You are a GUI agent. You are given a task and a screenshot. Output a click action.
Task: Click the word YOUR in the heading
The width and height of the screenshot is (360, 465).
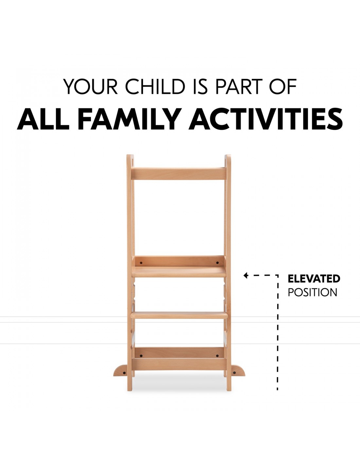pos(90,86)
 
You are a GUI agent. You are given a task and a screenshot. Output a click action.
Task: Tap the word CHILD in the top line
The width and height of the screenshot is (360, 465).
pos(155,86)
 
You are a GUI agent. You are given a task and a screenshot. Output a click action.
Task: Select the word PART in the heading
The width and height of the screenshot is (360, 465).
pos(239,86)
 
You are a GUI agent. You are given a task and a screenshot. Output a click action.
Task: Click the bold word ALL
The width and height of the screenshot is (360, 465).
pos(43,119)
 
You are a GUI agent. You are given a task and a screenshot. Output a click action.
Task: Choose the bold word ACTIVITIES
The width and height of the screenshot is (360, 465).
pos(265,119)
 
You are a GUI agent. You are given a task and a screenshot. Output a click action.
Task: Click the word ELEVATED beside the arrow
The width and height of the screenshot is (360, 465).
pos(314,279)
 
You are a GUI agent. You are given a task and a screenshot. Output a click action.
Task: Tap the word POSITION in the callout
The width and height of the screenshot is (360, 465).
pos(313,292)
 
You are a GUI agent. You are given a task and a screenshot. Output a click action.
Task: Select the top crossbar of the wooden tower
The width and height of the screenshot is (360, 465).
pos(179,174)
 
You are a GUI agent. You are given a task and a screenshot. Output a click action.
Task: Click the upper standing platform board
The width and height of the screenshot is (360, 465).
pos(179,272)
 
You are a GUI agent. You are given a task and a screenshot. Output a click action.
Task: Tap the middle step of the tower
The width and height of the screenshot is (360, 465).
pos(179,316)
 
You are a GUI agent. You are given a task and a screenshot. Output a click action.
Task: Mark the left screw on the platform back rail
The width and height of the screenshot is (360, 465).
pos(141,263)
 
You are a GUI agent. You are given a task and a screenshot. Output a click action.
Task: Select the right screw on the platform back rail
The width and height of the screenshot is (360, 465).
pos(217,263)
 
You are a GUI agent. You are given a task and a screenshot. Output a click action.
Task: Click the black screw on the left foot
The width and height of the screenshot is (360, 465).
pos(124,373)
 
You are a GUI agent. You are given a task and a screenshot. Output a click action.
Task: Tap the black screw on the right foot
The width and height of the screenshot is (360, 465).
pos(234,373)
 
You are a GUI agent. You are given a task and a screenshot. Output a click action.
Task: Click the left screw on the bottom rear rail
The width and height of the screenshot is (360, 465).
pos(141,356)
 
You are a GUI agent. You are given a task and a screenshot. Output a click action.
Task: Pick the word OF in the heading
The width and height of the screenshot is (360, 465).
pos(283,86)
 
